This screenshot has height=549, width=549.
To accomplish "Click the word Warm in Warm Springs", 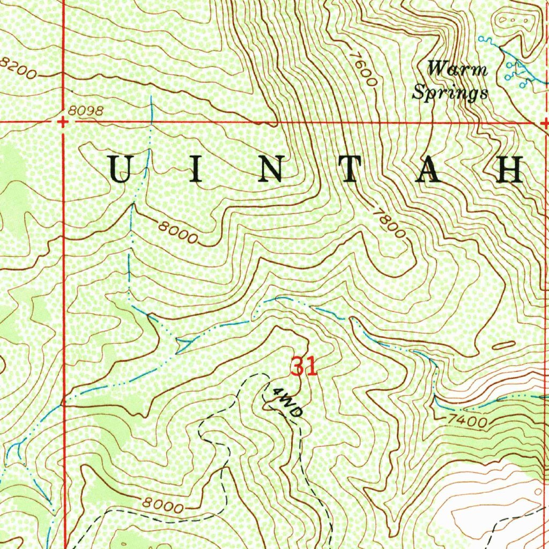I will point(457,69).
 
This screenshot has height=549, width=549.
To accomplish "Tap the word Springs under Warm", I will point(450,93).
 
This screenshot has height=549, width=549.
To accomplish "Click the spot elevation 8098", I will point(85,110).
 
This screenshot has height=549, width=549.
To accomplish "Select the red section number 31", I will point(304,367).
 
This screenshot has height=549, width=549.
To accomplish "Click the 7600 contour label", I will point(363,68).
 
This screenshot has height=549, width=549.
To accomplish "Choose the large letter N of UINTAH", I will point(272,169).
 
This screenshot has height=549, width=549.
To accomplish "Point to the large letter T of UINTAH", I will point(353,169).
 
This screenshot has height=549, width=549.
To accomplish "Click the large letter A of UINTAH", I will point(432,169).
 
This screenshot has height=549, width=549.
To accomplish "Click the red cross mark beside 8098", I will point(63,122).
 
